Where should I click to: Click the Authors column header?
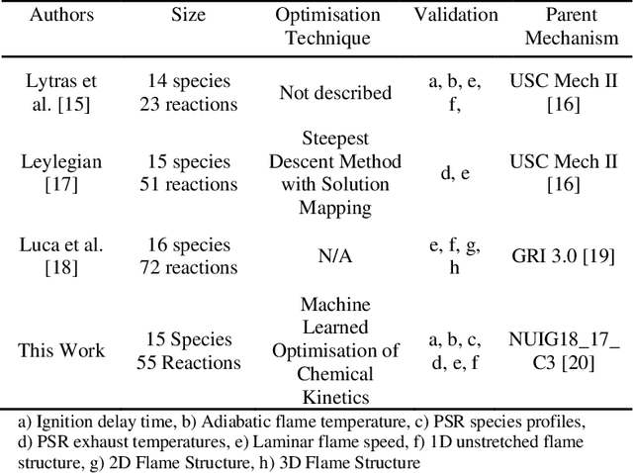(x=61, y=15)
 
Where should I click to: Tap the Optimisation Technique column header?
(x=326, y=27)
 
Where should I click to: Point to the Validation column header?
(x=456, y=15)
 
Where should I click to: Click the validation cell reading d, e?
(x=456, y=173)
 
